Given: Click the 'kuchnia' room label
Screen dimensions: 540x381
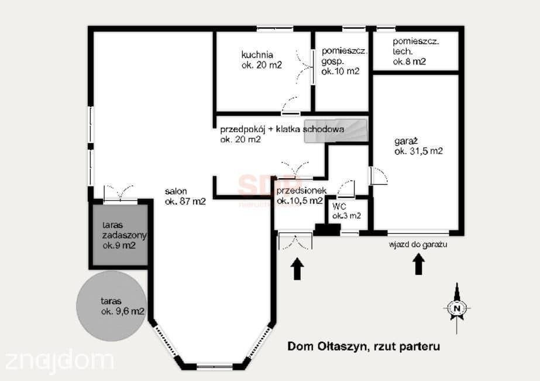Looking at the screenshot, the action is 257,55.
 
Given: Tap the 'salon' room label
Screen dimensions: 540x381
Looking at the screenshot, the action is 176,191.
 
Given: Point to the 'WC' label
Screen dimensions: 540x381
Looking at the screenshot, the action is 339,206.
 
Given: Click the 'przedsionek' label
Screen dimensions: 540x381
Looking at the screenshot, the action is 301,190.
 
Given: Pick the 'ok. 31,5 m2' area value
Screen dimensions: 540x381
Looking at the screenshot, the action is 418,151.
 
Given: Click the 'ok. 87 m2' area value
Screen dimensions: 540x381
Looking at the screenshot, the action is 185,201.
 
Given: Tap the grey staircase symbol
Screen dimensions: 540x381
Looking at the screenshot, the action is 336,131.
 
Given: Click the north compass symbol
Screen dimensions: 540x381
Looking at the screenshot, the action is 457,308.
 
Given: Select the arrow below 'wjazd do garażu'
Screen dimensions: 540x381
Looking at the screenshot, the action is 418,264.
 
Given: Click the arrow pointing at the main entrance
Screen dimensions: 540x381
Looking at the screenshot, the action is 297,269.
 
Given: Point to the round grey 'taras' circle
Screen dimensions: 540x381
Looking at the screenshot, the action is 111,306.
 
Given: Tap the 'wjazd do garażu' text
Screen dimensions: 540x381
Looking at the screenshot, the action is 418,244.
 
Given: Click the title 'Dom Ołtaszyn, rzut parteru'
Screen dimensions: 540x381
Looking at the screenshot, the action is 363,346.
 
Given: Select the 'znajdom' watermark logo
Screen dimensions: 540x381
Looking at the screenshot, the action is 59,361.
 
